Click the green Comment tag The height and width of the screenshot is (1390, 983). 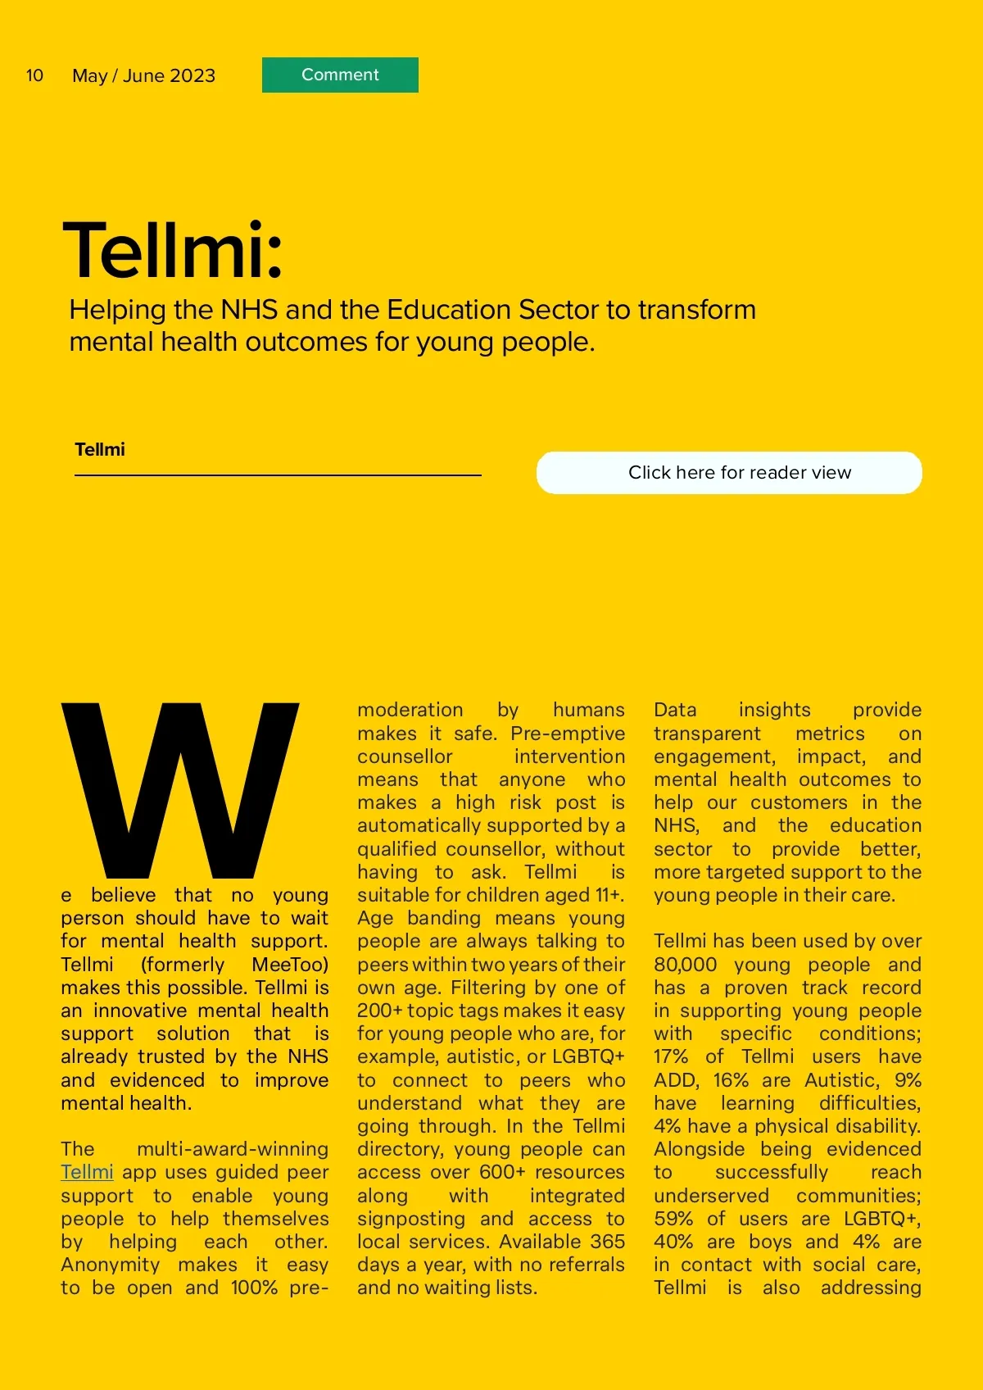point(340,75)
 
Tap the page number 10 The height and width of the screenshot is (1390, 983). point(34,75)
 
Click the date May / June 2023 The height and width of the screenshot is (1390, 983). point(143,75)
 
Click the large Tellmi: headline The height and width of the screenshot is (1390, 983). point(173,250)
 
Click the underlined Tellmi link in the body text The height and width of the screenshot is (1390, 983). point(87,1172)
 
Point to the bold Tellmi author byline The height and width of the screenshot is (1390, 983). point(100,449)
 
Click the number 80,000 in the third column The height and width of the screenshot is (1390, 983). point(685,965)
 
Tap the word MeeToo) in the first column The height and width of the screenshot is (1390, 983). point(290,965)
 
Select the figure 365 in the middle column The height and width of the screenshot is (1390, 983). point(608,1242)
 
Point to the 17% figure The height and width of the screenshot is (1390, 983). point(670,1056)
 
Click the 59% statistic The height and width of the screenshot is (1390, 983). point(673,1219)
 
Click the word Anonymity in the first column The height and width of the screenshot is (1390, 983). point(111,1265)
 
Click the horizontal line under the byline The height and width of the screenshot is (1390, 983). point(278,475)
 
